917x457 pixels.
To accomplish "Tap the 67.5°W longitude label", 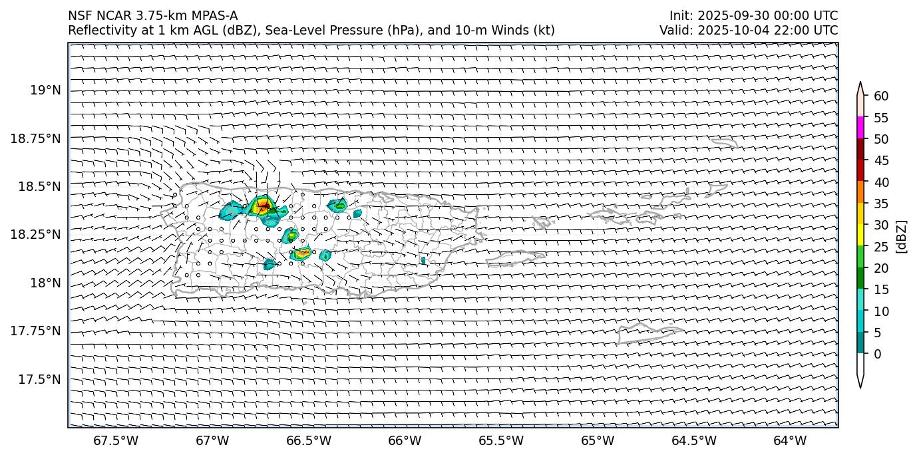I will (116, 440).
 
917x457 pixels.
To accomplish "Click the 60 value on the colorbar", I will (881, 96).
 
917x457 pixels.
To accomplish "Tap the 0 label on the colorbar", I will (878, 354).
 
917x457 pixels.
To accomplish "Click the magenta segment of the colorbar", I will (860, 128).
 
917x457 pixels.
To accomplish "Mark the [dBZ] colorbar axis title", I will (902, 236).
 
